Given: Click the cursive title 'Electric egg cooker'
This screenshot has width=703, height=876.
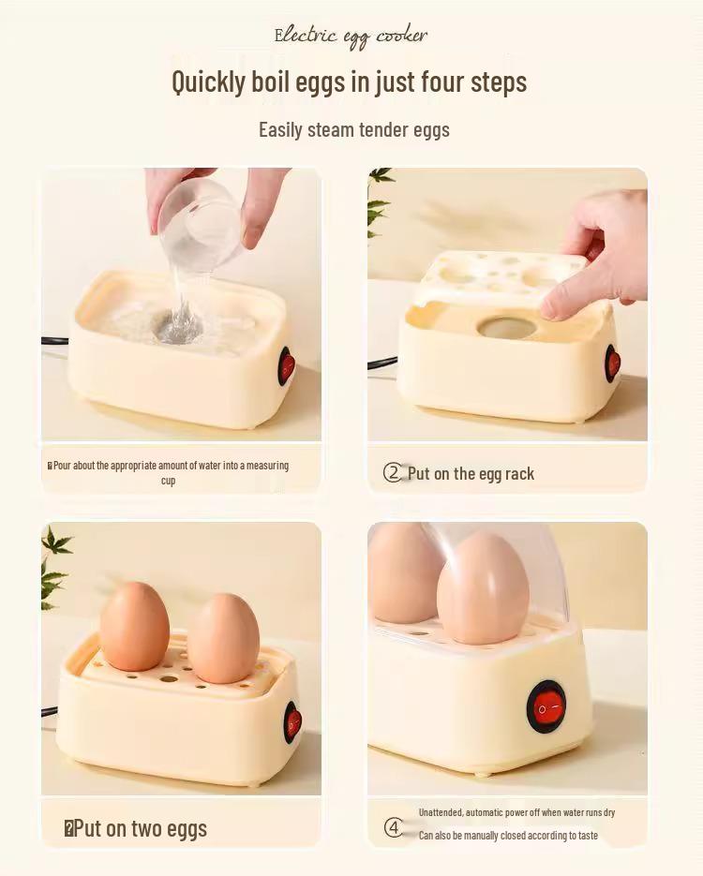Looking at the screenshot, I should point(351,36).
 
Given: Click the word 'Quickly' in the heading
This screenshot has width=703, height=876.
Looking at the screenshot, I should point(208,82).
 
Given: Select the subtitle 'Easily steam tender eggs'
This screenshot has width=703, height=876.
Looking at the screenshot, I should point(353,129).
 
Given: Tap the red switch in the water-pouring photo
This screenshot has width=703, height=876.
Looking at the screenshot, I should point(287,365).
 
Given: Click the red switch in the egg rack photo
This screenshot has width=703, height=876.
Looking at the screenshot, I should point(613,363).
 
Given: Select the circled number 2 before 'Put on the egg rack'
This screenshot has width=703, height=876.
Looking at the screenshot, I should point(393,473).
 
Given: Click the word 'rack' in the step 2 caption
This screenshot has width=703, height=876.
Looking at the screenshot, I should point(518,474).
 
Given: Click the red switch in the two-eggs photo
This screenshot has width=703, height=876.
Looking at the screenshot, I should point(292,721).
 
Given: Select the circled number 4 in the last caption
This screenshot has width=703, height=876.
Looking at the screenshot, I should point(394,827).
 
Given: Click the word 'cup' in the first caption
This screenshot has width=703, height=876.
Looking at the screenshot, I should point(168,481).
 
